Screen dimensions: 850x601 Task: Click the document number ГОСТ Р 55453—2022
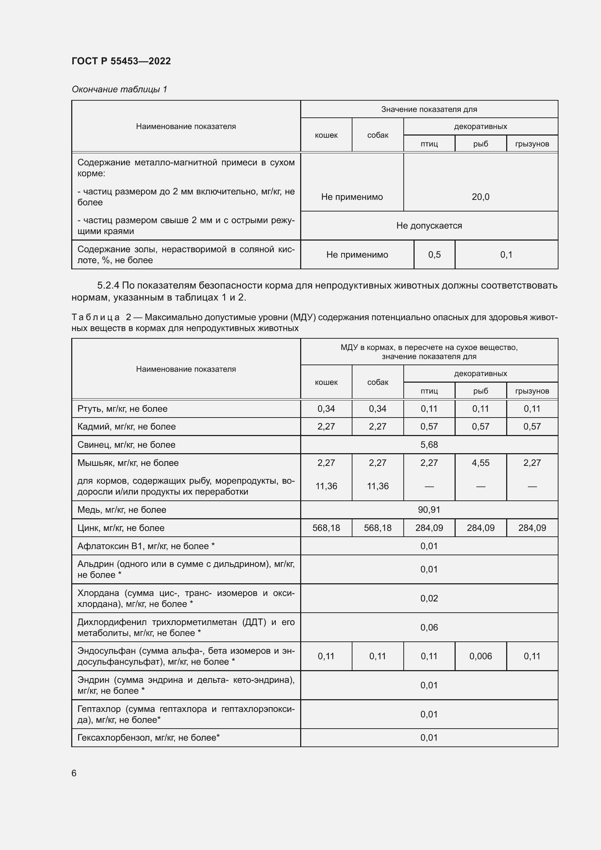(121, 61)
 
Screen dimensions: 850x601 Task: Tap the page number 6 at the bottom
(74, 773)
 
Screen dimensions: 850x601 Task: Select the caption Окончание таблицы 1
(119, 89)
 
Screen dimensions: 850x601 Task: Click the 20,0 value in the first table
(480, 197)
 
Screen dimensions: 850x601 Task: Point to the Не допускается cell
(429, 226)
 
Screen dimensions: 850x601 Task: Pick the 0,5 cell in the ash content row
(434, 255)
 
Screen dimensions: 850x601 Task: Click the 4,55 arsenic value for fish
(480, 463)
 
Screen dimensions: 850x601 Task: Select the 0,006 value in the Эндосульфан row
(480, 656)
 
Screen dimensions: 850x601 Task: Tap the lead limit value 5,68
(429, 444)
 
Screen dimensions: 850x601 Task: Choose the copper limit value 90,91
(429, 510)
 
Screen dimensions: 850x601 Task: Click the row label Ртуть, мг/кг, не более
(122, 409)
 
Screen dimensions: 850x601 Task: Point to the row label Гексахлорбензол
(148, 738)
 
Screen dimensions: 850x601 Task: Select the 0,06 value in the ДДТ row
(429, 628)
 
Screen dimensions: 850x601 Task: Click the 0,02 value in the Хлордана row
(429, 599)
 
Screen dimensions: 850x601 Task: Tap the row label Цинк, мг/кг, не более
(121, 528)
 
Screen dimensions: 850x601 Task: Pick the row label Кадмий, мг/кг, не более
(126, 427)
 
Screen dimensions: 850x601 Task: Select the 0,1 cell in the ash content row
(506, 255)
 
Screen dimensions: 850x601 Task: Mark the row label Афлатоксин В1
(146, 546)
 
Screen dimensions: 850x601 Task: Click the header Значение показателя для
(429, 109)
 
